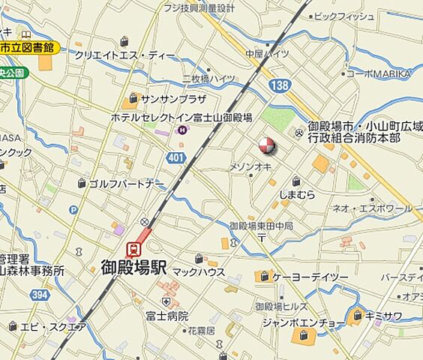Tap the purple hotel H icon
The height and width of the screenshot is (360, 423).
pyautogui.click(x=181, y=130)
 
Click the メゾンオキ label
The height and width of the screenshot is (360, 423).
pyautogui.click(x=250, y=166)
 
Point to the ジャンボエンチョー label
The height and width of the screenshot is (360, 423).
pyautogui.click(x=304, y=322)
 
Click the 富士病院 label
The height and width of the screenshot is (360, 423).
pyautogui.click(x=166, y=316)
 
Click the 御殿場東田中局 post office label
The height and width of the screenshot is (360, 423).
pyautogui.click(x=260, y=225)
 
